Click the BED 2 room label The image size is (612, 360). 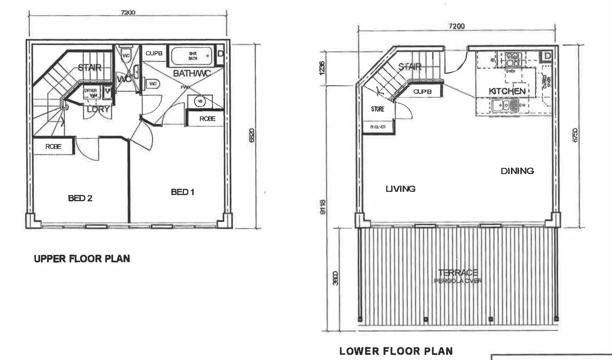coord(80,198)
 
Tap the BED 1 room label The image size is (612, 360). coord(182,192)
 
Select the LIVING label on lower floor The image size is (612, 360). coord(400,189)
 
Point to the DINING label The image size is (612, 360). coord(517,171)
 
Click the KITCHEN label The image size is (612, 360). coord(507,91)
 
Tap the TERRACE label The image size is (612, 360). coord(458,273)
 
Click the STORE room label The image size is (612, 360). coord(378,109)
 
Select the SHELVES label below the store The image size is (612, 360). coord(378,127)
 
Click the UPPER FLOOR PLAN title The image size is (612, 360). coord(82,259)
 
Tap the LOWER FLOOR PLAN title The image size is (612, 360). coord(396,351)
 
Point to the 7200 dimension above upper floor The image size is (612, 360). coord(128,13)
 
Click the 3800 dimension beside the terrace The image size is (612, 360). coord(335,278)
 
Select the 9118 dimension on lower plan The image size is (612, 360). coord(323,207)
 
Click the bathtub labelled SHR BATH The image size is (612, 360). coord(191,56)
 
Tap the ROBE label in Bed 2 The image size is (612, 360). coord(53,146)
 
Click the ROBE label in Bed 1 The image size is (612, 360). coord(207,119)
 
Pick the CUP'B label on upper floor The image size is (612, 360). coord(154,53)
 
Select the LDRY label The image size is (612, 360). coord(98,109)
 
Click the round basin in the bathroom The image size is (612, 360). coord(200,101)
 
